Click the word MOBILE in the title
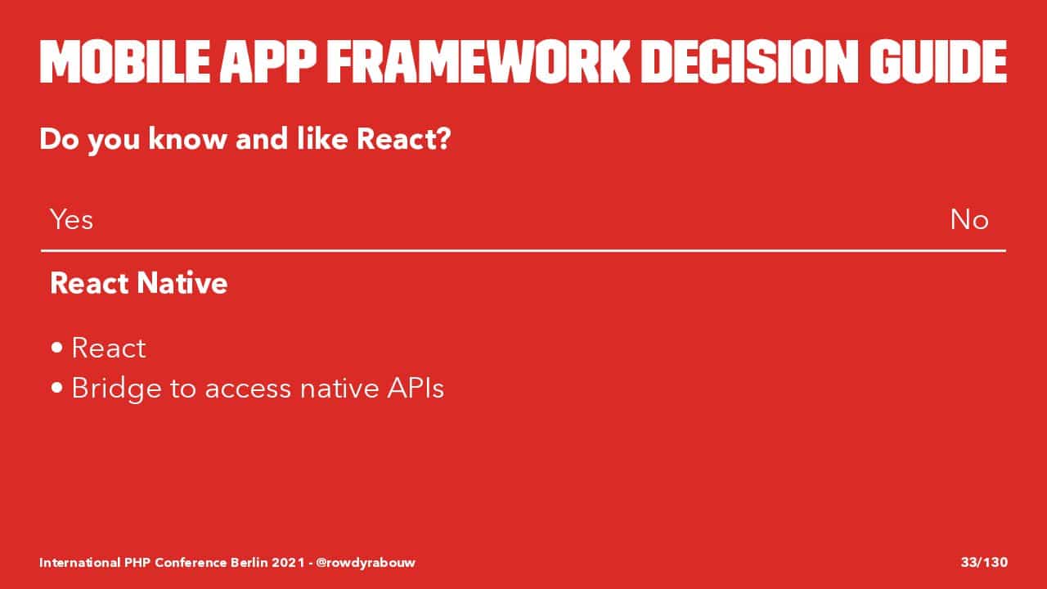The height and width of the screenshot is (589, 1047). (x=125, y=61)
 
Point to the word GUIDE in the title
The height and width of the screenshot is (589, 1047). (x=938, y=61)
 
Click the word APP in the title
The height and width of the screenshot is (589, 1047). (x=268, y=61)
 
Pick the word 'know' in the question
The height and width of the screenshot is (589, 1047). (x=187, y=139)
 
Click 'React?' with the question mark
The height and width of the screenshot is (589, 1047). (x=403, y=139)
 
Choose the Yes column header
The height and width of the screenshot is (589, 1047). (x=71, y=219)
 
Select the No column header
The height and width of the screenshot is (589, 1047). (x=969, y=219)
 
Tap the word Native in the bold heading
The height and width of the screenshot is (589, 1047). (x=182, y=283)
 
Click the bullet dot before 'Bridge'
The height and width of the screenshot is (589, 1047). (x=57, y=388)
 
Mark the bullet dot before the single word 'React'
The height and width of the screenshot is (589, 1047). (x=57, y=348)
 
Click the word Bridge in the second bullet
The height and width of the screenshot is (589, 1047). (x=116, y=389)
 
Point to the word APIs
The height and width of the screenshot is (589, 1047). (x=416, y=388)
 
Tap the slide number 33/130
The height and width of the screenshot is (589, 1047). (x=984, y=562)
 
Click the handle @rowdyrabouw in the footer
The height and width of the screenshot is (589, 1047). (x=365, y=562)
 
